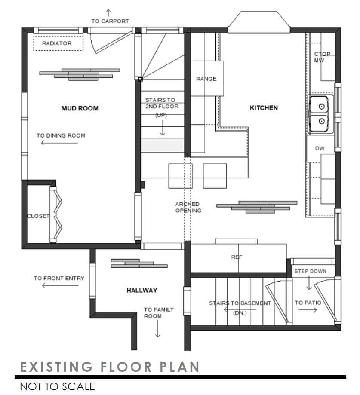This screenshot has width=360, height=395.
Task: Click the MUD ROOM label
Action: point(80,108)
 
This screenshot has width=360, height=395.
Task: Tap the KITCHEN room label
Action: point(264,108)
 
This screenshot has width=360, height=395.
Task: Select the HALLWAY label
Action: point(142,291)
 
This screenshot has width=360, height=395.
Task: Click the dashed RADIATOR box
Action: point(58,43)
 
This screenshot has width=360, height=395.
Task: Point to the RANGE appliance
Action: point(206,79)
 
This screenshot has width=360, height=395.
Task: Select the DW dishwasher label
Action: point(320,148)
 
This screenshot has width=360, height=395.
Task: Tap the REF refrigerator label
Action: point(237,257)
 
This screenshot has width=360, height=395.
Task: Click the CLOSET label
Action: point(38,216)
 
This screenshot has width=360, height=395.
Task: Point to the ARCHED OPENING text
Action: point(188,207)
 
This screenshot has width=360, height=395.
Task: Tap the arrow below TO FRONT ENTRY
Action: point(59,285)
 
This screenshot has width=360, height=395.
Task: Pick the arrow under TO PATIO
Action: point(308,310)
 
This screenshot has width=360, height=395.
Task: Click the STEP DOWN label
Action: point(310,271)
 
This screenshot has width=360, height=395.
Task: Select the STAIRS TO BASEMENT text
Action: point(240,303)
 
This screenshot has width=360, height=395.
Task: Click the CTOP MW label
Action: point(322,57)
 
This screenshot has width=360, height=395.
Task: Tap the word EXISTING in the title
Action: point(56,367)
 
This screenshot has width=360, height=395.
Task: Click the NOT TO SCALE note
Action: point(57,386)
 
